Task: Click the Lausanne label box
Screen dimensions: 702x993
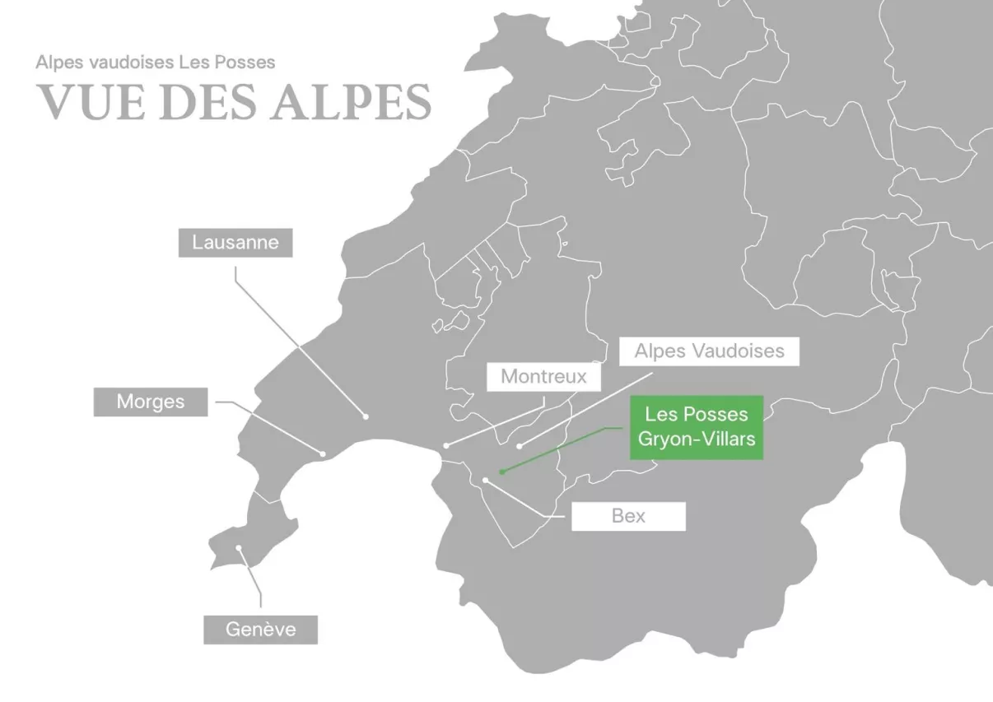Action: tap(235, 243)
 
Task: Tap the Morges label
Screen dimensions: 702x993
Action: tap(151, 402)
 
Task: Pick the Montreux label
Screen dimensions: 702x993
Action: tap(543, 377)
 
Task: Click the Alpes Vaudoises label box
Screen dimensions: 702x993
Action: tap(709, 351)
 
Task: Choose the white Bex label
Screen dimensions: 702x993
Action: tap(628, 517)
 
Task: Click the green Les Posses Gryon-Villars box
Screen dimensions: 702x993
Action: tap(697, 427)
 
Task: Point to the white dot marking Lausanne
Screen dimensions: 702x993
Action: tap(366, 416)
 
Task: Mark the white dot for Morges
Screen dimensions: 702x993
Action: tap(323, 453)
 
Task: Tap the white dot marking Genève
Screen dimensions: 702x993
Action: tap(239, 547)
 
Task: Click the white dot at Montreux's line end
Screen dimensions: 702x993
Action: tap(446, 445)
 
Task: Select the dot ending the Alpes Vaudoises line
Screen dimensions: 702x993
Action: tap(519, 446)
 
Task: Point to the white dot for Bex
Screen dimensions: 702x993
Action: tap(485, 479)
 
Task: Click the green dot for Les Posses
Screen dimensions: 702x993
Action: tap(501, 473)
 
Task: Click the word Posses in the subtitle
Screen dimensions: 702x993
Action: tap(246, 63)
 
